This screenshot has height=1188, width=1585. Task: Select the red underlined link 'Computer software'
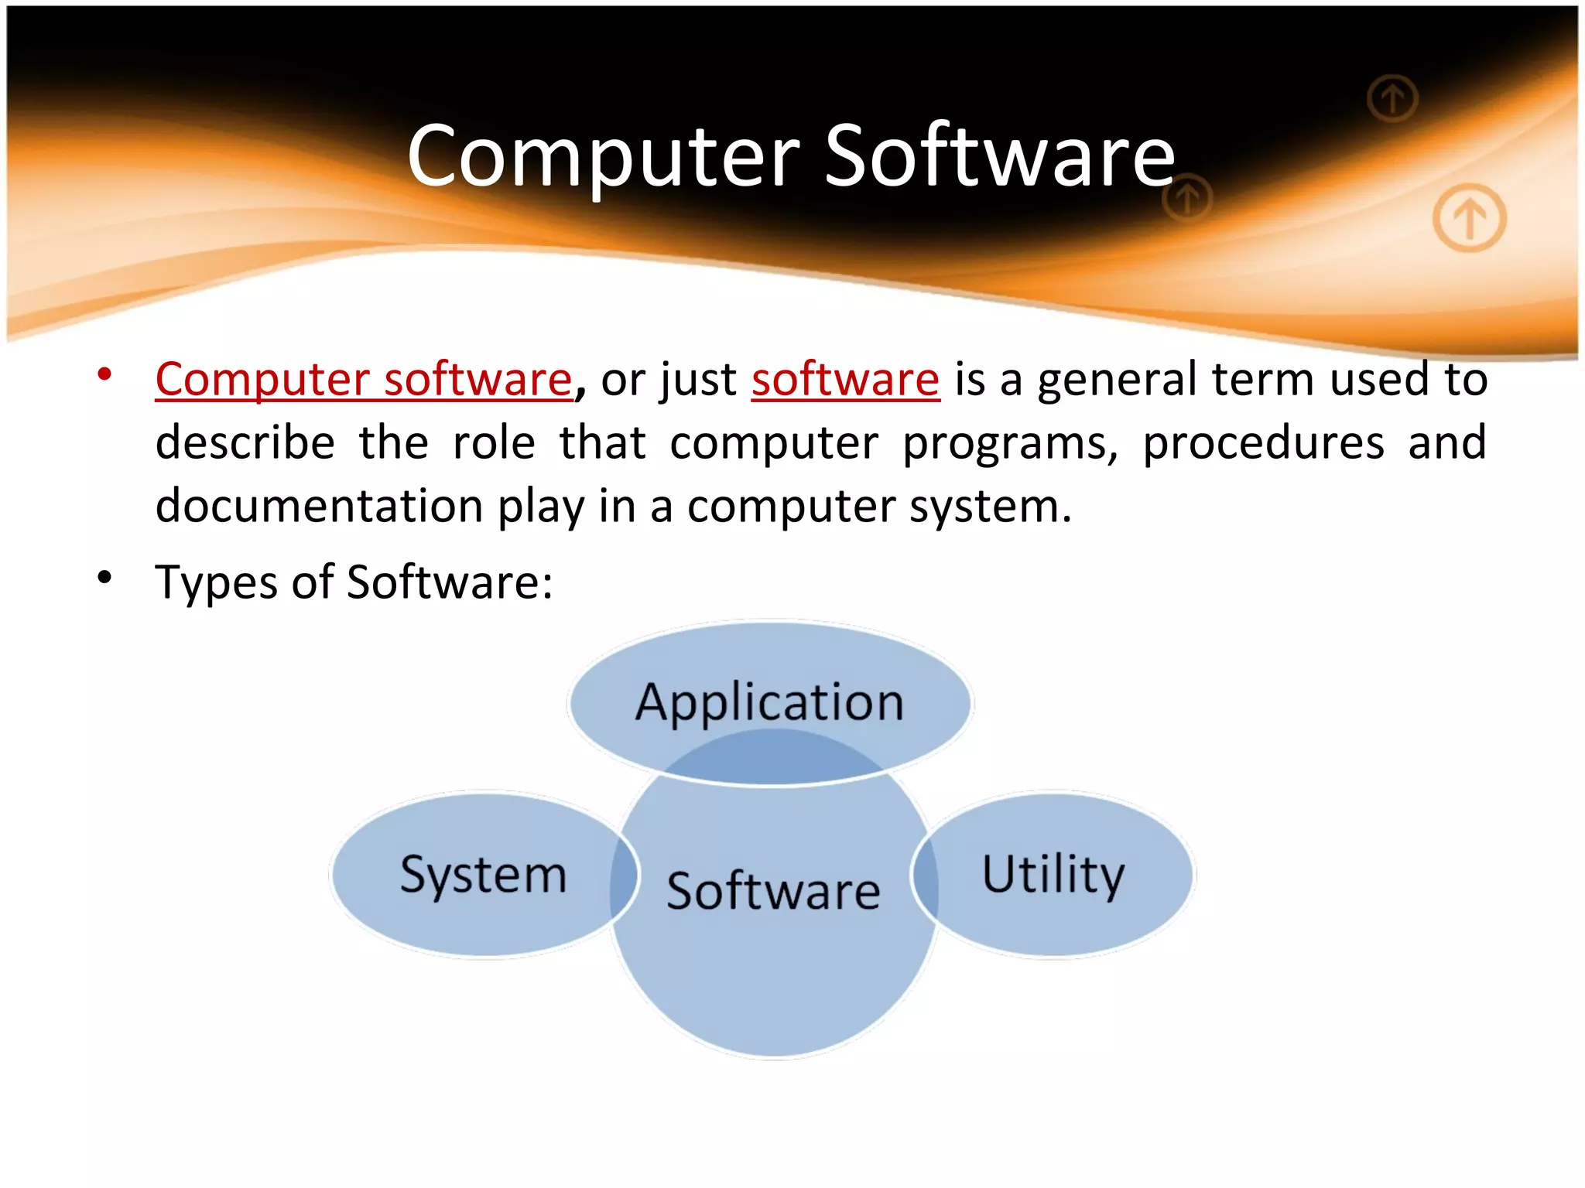[363, 380]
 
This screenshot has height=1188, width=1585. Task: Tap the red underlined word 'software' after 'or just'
[845, 380]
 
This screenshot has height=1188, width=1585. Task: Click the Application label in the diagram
[769, 702]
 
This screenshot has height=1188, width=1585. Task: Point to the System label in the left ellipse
[484, 875]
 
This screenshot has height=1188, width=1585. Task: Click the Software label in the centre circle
[773, 891]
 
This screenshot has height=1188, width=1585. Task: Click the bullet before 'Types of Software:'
[105, 577]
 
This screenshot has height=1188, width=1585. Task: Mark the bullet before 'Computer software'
[105, 375]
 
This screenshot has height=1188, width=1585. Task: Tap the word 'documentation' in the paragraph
[319, 507]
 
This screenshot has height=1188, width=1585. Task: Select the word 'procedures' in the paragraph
[1263, 443]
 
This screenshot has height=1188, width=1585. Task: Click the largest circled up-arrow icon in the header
[1469, 218]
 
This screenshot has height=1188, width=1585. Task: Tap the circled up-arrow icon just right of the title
[1187, 199]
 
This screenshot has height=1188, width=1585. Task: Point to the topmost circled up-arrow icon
[1392, 98]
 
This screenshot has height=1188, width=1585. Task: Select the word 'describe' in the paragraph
[245, 443]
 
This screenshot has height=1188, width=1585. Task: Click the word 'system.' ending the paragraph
[990, 507]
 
